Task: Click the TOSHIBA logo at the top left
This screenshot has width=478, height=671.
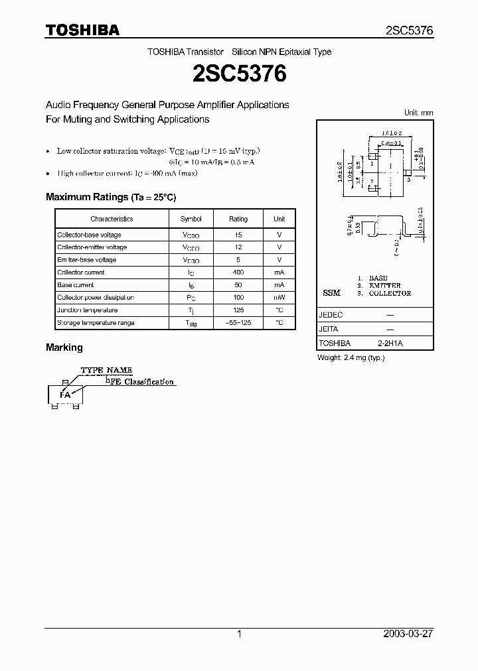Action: click(x=82, y=30)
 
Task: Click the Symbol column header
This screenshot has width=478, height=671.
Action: click(x=191, y=219)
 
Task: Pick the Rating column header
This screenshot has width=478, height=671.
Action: click(x=238, y=219)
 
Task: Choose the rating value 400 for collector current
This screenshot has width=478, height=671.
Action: click(x=238, y=273)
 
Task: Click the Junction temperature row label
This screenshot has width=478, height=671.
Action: click(x=88, y=310)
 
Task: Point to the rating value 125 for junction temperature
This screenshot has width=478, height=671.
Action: click(x=238, y=310)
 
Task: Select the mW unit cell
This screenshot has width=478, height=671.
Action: click(x=279, y=298)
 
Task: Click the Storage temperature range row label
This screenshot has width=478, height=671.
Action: click(x=96, y=323)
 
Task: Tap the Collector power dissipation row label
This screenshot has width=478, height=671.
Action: click(x=96, y=298)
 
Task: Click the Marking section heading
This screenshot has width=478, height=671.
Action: click(x=64, y=347)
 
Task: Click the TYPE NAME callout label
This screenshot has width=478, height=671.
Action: click(x=107, y=370)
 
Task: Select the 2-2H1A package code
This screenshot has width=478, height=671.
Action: click(x=390, y=343)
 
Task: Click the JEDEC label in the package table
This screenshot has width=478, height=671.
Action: click(x=331, y=315)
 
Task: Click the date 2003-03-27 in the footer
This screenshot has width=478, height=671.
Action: click(x=408, y=634)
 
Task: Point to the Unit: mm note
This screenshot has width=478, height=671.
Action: click(x=418, y=113)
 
